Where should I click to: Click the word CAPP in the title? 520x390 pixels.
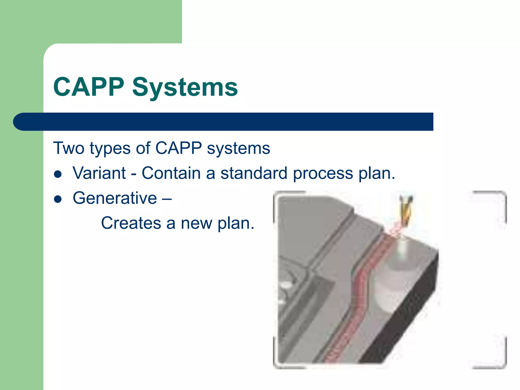(x=89, y=87)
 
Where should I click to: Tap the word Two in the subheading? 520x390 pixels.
(x=69, y=148)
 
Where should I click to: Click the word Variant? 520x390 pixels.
(x=99, y=173)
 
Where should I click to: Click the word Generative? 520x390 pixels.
(x=115, y=198)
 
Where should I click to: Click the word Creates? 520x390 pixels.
(x=131, y=223)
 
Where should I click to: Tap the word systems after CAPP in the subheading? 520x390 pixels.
(x=238, y=149)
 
